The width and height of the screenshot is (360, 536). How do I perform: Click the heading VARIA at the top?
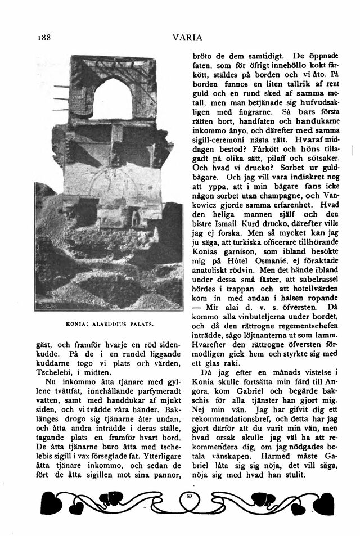[x=184, y=38]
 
